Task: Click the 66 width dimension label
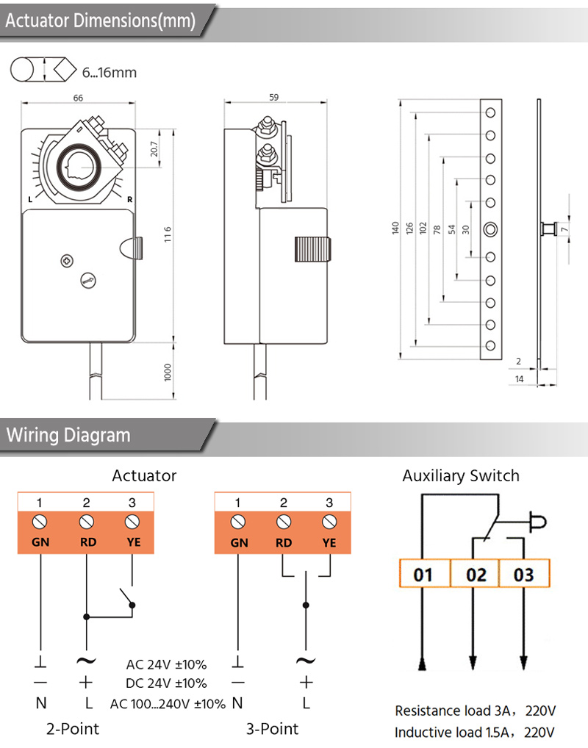[78, 98]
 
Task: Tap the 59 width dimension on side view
[273, 97]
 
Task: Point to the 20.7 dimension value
[154, 149]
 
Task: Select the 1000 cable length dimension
[168, 372]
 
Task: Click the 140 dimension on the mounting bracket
[395, 228]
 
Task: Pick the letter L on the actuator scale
[30, 199]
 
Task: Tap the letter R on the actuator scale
[129, 199]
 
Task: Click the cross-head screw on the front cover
[68, 261]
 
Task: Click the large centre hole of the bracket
[490, 229]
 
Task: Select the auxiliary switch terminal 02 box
[476, 574]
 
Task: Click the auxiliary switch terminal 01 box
[424, 574]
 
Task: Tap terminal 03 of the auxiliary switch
[524, 574]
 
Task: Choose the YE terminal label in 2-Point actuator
[134, 542]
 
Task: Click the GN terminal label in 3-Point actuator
[239, 543]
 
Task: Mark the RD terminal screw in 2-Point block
[86, 522]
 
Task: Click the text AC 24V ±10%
[166, 664]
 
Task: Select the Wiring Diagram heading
[68, 435]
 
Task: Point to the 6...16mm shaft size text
[110, 73]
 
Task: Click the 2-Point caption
[73, 729]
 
